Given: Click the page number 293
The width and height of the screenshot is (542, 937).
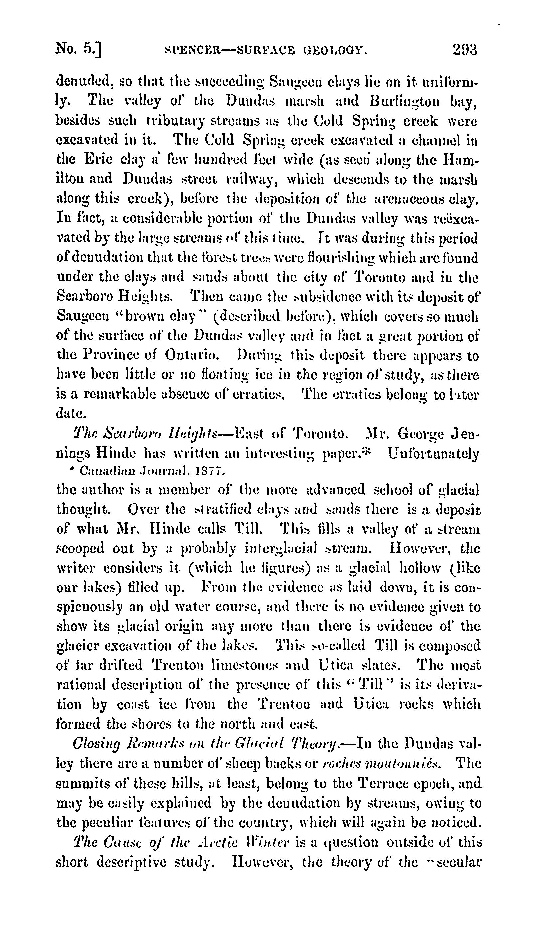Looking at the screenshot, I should point(465,50).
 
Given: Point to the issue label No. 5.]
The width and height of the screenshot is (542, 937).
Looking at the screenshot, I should point(78,50).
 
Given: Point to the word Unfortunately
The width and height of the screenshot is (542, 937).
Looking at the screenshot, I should point(434,453).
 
